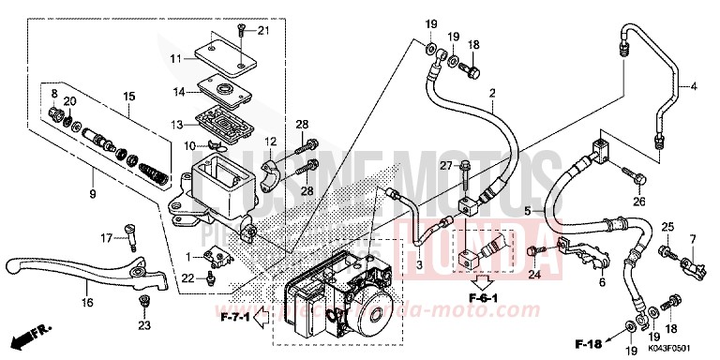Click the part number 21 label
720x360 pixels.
263,32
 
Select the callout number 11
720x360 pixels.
174,58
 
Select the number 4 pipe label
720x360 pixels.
696,87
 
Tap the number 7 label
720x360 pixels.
694,238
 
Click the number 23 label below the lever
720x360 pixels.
143,325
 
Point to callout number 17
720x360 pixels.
106,237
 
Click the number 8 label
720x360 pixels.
54,93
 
